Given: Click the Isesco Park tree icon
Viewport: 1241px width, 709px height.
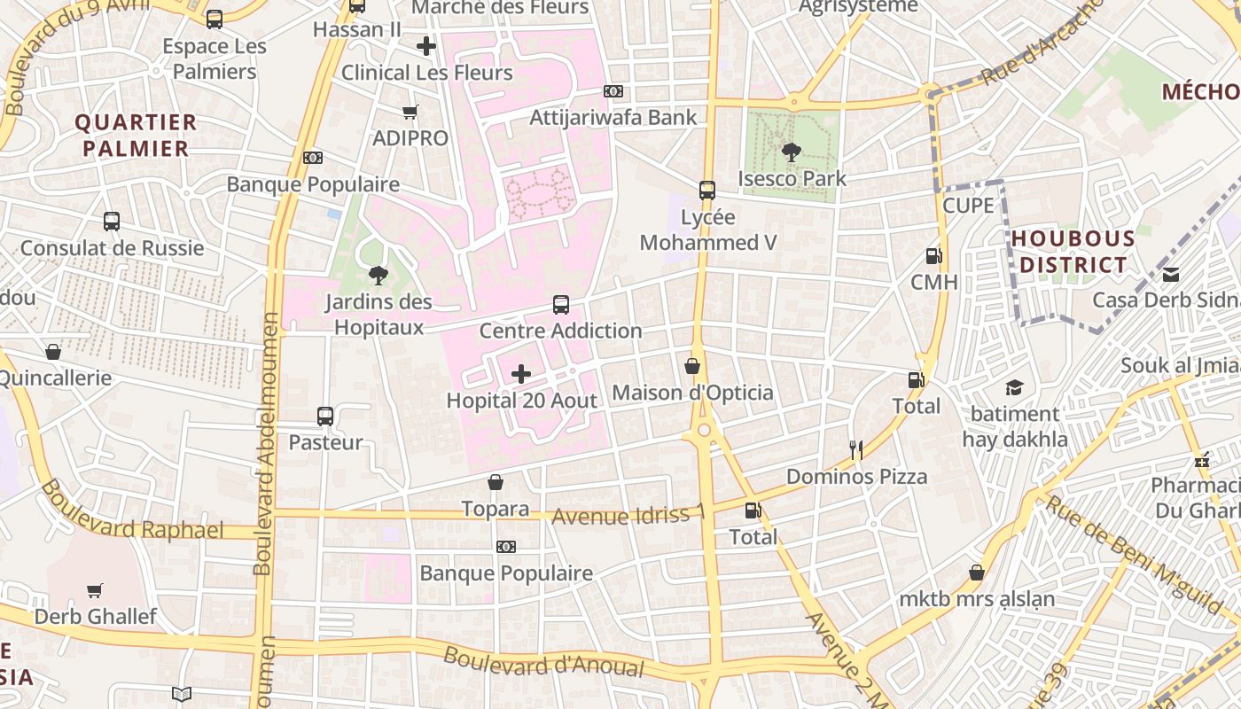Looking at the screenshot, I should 791,152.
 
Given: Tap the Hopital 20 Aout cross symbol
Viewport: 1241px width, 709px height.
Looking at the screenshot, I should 521,374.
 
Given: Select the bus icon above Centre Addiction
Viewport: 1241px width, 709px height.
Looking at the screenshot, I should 561,305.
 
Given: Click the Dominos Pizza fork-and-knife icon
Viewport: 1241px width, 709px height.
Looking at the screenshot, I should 855,450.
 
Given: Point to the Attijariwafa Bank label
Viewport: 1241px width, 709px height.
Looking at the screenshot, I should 613,117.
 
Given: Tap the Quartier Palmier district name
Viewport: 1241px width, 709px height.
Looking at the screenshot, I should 136,135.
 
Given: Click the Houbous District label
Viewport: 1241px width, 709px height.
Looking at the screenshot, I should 1073,252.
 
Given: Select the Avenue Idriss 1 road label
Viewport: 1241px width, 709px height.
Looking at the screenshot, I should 628,515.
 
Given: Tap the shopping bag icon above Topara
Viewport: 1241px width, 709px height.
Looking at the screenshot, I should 496,482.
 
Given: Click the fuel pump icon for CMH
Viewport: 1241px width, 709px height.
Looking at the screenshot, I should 933,256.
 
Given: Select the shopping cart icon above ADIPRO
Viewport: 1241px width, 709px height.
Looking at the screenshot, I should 410,113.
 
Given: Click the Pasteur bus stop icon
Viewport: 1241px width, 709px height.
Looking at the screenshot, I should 325,416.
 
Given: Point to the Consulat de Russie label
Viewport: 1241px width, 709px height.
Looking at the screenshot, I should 112,248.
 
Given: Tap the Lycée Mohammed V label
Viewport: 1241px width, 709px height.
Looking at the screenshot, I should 708,230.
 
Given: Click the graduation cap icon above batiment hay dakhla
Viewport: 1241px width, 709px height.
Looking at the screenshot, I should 1014,387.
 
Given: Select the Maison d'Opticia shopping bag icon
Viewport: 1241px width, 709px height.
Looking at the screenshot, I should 692,366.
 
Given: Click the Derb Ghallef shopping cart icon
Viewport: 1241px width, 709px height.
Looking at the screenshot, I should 95,590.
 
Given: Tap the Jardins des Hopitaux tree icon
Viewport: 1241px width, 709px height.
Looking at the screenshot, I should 378,276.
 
